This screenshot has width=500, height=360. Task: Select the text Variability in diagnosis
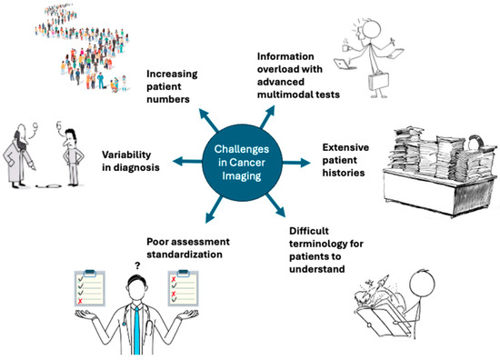131,162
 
